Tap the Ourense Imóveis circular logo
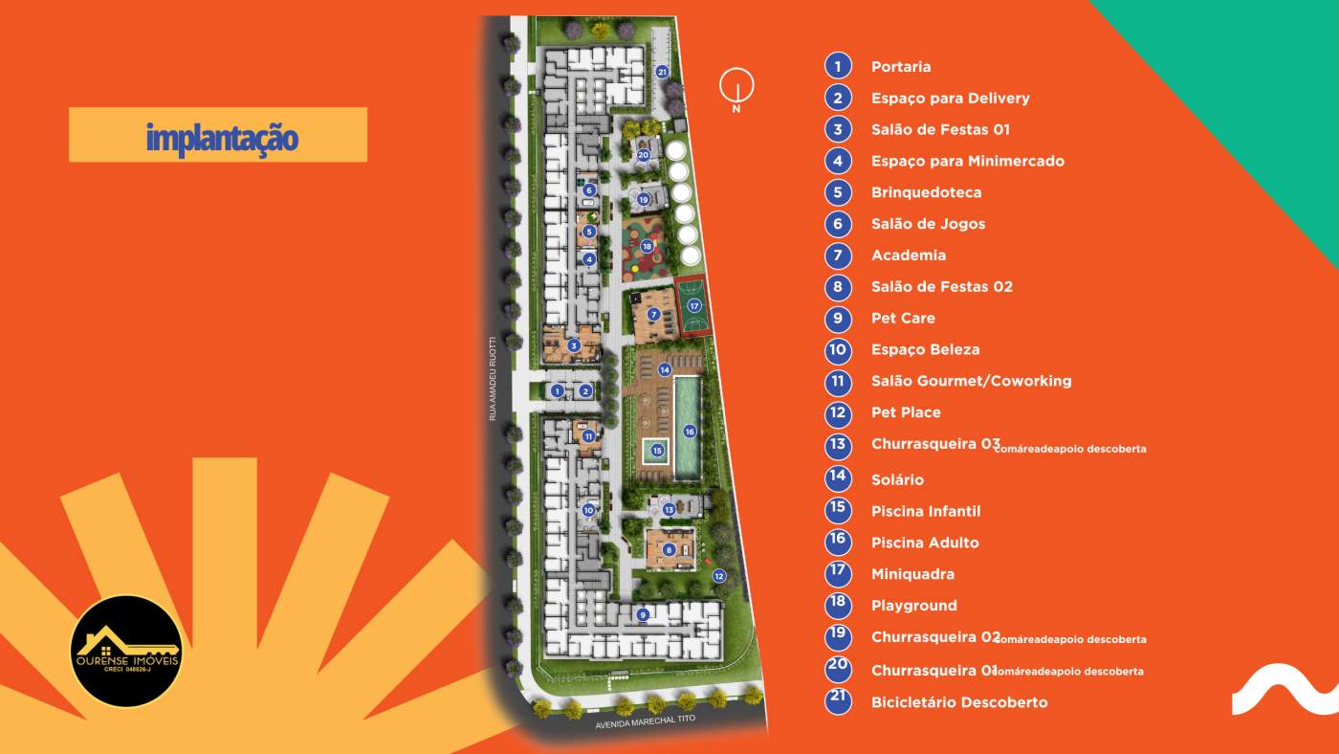[x=126, y=652]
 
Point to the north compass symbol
[x=736, y=86]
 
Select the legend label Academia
[x=908, y=255]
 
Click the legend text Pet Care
[x=903, y=318]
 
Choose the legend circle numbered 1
[x=838, y=66]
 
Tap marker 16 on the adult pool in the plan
[x=689, y=432]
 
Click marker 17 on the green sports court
[x=694, y=305]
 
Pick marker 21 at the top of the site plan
[x=662, y=71]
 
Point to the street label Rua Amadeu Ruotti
[x=493, y=378]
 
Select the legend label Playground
[x=913, y=606]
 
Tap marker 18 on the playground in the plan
[x=648, y=246]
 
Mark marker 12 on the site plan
[x=719, y=575]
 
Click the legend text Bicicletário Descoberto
[x=959, y=702]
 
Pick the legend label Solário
[x=897, y=479]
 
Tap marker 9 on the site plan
[x=644, y=614]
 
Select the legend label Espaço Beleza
[x=925, y=349]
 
